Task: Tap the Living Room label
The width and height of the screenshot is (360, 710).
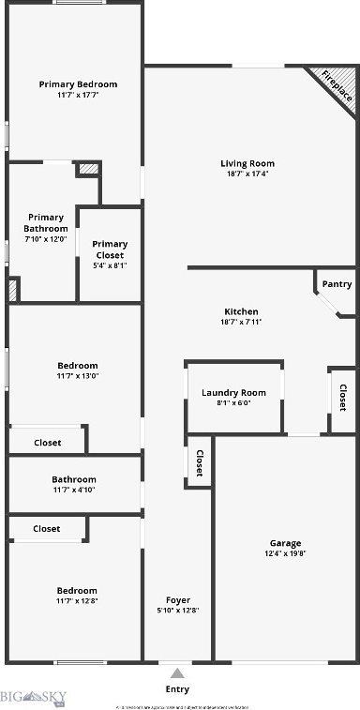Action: pos(247,163)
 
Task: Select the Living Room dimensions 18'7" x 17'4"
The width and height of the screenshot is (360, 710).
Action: pos(247,174)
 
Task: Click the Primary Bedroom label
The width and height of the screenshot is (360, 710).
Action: pos(77,84)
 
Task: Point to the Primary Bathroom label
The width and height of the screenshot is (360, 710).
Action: pos(46,223)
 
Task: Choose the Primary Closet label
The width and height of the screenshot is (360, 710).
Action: pos(110,249)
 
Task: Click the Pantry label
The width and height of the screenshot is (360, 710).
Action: pos(337,284)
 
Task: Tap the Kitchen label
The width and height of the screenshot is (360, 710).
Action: pos(241,311)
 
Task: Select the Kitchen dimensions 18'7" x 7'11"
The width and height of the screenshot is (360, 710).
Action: pos(241,323)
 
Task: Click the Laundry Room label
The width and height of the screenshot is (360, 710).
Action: pos(233,392)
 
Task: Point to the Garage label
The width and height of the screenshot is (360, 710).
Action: pos(285,543)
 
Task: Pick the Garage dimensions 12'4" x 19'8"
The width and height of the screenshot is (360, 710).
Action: pos(285,554)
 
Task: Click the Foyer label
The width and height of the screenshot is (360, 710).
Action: pos(178,599)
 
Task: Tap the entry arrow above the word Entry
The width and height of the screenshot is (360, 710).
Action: pos(177,672)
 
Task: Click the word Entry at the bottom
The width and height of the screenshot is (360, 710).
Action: pos(177,689)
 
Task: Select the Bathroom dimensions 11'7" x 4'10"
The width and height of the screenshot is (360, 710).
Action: pos(74,490)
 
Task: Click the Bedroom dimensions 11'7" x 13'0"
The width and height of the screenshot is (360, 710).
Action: pos(77,376)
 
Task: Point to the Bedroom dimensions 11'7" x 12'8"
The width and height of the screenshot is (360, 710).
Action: pos(77,601)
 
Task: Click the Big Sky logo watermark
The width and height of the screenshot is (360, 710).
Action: pos(33,696)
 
